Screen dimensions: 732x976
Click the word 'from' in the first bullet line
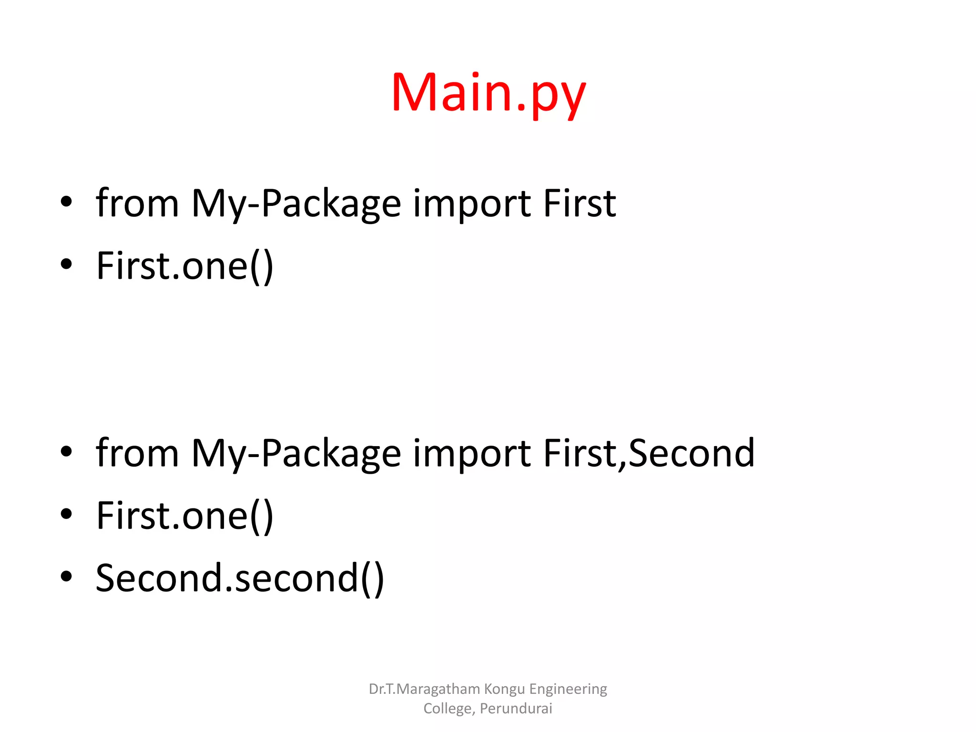click(x=137, y=204)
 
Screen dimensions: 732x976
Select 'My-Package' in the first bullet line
click(x=296, y=204)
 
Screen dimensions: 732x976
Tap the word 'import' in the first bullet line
click(x=471, y=204)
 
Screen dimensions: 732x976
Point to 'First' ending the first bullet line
click(x=579, y=204)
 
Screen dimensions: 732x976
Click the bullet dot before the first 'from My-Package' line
click(x=66, y=202)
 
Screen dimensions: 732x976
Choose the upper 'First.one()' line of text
click(x=185, y=266)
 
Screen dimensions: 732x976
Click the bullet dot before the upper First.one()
click(x=66, y=264)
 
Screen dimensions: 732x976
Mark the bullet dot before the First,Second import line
click(x=66, y=451)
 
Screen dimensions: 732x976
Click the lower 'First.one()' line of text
click(x=185, y=516)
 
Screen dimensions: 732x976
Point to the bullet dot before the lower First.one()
click(x=66, y=514)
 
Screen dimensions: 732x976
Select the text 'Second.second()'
click(x=240, y=578)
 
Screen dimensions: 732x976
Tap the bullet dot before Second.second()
click(x=66, y=576)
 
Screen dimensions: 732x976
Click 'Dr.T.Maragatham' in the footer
click(x=424, y=689)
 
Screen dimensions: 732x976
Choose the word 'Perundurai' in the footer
click(x=516, y=709)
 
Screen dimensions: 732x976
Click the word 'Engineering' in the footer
click(x=568, y=689)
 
